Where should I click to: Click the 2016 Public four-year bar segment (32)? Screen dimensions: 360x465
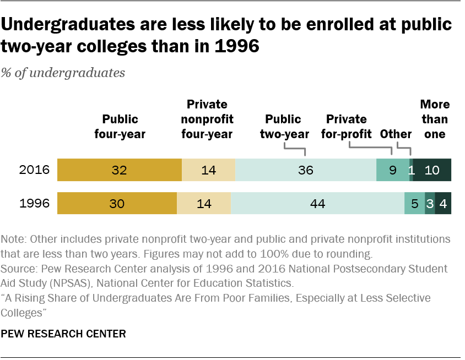click(x=120, y=170)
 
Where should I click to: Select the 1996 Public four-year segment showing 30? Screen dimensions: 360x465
click(x=117, y=204)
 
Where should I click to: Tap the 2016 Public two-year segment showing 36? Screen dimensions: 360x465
click(x=306, y=170)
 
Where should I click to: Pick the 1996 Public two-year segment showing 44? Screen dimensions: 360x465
click(x=318, y=204)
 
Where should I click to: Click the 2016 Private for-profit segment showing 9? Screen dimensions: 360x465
click(x=393, y=170)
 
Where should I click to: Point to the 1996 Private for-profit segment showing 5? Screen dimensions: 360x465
click(x=415, y=204)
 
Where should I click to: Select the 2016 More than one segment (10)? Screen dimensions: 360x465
click(x=432, y=170)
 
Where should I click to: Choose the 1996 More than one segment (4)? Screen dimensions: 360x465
click(x=443, y=204)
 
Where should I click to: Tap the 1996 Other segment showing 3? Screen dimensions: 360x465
click(x=430, y=204)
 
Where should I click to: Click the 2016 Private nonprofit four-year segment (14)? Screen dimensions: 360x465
click(x=208, y=170)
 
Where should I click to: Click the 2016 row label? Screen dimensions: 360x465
click(x=35, y=170)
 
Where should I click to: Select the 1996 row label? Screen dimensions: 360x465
click(x=35, y=204)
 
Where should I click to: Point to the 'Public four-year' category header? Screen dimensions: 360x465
click(x=120, y=127)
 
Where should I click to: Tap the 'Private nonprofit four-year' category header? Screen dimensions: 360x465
click(x=207, y=119)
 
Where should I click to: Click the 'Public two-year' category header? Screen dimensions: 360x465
click(x=283, y=127)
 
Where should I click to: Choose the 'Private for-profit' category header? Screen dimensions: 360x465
click(x=347, y=127)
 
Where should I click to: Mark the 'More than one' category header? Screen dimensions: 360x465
click(x=435, y=119)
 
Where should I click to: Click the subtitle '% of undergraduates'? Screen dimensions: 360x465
click(x=63, y=73)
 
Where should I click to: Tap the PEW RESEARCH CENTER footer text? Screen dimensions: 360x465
click(x=63, y=334)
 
